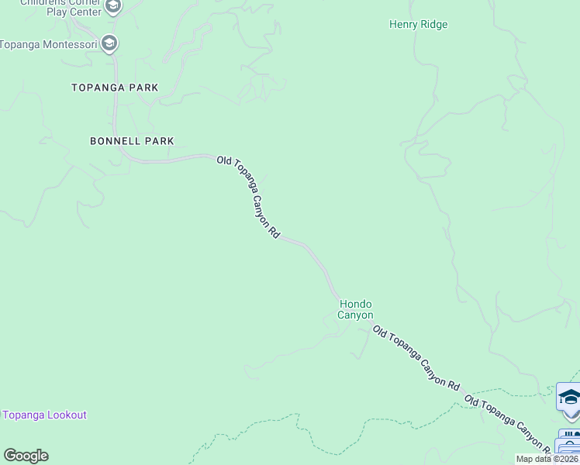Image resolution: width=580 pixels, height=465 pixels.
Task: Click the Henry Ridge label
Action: click(418, 25)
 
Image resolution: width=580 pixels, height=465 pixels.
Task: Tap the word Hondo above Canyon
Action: click(355, 305)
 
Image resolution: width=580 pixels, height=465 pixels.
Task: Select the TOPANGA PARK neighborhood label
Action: click(115, 88)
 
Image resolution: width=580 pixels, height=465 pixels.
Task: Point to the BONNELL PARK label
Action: click(132, 141)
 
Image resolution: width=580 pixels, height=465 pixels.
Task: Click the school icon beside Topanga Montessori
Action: click(109, 43)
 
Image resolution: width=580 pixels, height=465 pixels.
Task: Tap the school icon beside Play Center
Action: click(113, 8)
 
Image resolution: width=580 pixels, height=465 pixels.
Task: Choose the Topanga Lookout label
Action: click(45, 415)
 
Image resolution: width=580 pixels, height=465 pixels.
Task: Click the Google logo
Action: click(26, 456)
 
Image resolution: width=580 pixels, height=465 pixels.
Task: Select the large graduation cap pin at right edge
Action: click(569, 398)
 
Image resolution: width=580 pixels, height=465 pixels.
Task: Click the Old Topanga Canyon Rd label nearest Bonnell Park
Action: click(248, 197)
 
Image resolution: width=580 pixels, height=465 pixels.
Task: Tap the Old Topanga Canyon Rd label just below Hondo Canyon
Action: click(416, 357)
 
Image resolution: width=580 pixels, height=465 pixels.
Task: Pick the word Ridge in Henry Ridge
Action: click(433, 25)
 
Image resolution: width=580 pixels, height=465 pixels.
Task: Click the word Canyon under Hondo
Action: click(355, 315)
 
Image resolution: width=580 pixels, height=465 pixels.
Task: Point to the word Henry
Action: click(403, 25)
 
